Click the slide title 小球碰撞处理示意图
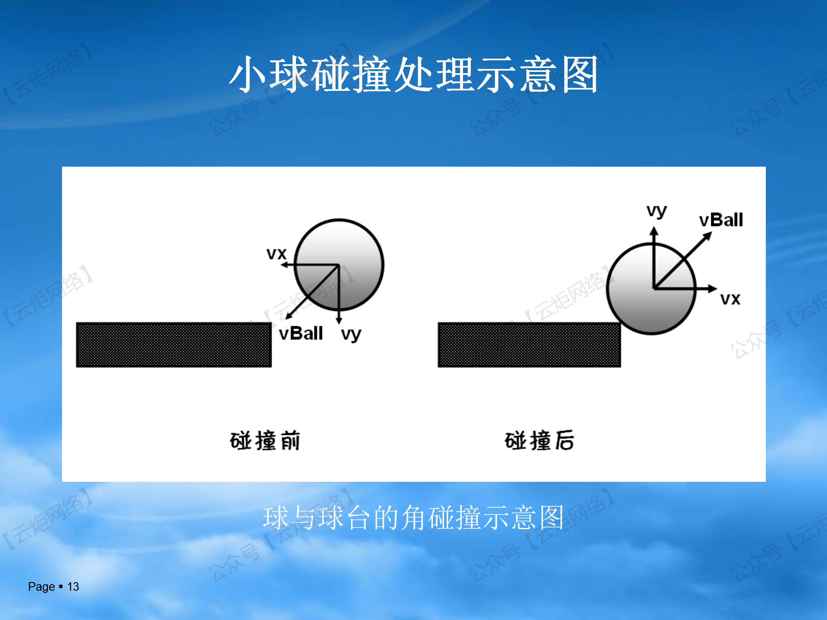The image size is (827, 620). tap(413, 74)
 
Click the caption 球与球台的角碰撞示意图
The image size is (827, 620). tap(413, 518)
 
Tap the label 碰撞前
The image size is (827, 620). tap(265, 440)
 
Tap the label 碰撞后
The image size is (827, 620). tap(539, 440)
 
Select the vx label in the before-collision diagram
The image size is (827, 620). tap(277, 254)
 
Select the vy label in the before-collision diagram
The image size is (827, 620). tap(351, 335)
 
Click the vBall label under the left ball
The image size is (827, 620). tap(301, 333)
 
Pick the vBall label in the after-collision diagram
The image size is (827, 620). tap(721, 220)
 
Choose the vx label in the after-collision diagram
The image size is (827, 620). tap(731, 299)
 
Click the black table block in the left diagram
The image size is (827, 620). tap(174, 344)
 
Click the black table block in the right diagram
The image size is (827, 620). tap(529, 344)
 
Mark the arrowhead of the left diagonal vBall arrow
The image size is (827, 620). tap(286, 319)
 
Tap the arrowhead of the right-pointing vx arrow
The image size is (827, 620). tap(717, 288)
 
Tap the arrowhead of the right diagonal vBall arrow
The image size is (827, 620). tap(711, 233)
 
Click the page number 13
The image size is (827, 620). tap(73, 586)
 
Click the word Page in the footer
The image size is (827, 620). tap(41, 587)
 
